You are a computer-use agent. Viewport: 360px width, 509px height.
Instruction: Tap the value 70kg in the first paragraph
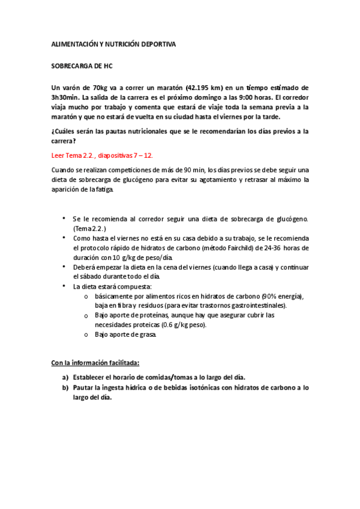pyautogui.click(x=97, y=88)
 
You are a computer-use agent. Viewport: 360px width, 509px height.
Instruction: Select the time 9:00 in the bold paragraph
pyautogui.click(x=243, y=97)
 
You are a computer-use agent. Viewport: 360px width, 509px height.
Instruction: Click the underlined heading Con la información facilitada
pyautogui.click(x=95, y=363)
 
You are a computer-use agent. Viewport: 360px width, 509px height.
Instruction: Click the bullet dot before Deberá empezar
pyautogui.click(x=64, y=267)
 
